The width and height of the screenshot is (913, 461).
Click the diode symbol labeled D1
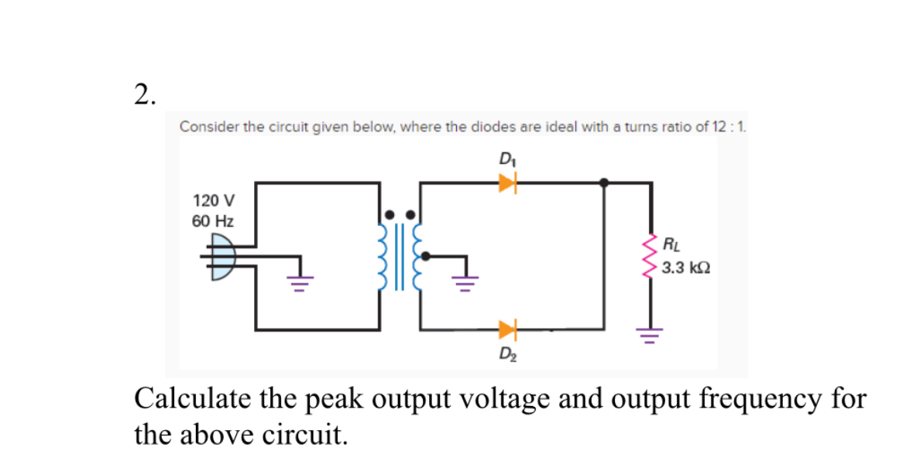[x=507, y=183]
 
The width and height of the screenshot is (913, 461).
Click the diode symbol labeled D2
[x=507, y=330]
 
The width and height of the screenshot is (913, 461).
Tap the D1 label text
[x=507, y=162]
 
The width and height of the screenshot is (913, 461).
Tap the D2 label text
[x=508, y=357]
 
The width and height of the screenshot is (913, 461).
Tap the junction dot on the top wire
[x=604, y=183]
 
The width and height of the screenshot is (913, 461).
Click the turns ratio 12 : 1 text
[x=727, y=127]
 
